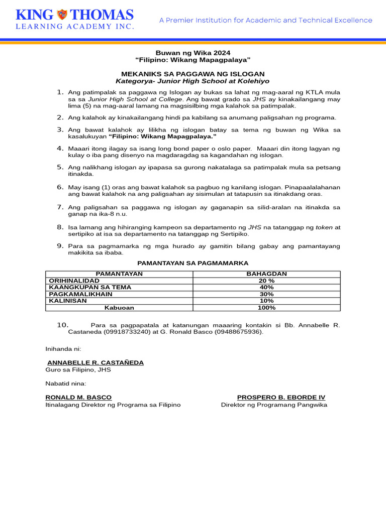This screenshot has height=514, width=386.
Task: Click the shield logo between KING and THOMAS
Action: pyautogui.click(x=62, y=14)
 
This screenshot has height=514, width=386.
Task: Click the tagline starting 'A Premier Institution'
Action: pyautogui.click(x=266, y=21)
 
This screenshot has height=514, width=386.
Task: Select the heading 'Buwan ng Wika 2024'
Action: pyautogui.click(x=194, y=53)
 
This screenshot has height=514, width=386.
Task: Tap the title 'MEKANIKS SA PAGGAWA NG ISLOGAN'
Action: pyautogui.click(x=193, y=74)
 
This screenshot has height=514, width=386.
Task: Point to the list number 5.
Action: pyautogui.click(x=60, y=167)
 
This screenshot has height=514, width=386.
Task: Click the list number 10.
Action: pyautogui.click(x=63, y=325)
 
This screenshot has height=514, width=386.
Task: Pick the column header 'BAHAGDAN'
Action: pyautogui.click(x=266, y=274)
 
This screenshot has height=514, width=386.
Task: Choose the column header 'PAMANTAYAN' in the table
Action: pyautogui.click(x=119, y=274)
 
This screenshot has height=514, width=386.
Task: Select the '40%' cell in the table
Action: pyautogui.click(x=266, y=287)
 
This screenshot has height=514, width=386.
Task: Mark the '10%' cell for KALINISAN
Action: pyautogui.click(x=266, y=301)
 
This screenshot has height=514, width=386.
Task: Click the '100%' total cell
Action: pyautogui.click(x=266, y=308)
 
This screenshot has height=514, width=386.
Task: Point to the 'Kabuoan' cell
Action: pyautogui.click(x=119, y=308)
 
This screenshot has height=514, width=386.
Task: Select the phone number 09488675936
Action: pyautogui.click(x=238, y=332)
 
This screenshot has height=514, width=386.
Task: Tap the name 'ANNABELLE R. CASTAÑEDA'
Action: pyautogui.click(x=95, y=362)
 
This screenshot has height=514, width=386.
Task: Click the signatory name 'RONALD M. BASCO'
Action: pyautogui.click(x=78, y=397)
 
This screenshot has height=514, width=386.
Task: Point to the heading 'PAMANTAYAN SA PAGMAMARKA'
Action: pyautogui.click(x=193, y=263)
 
